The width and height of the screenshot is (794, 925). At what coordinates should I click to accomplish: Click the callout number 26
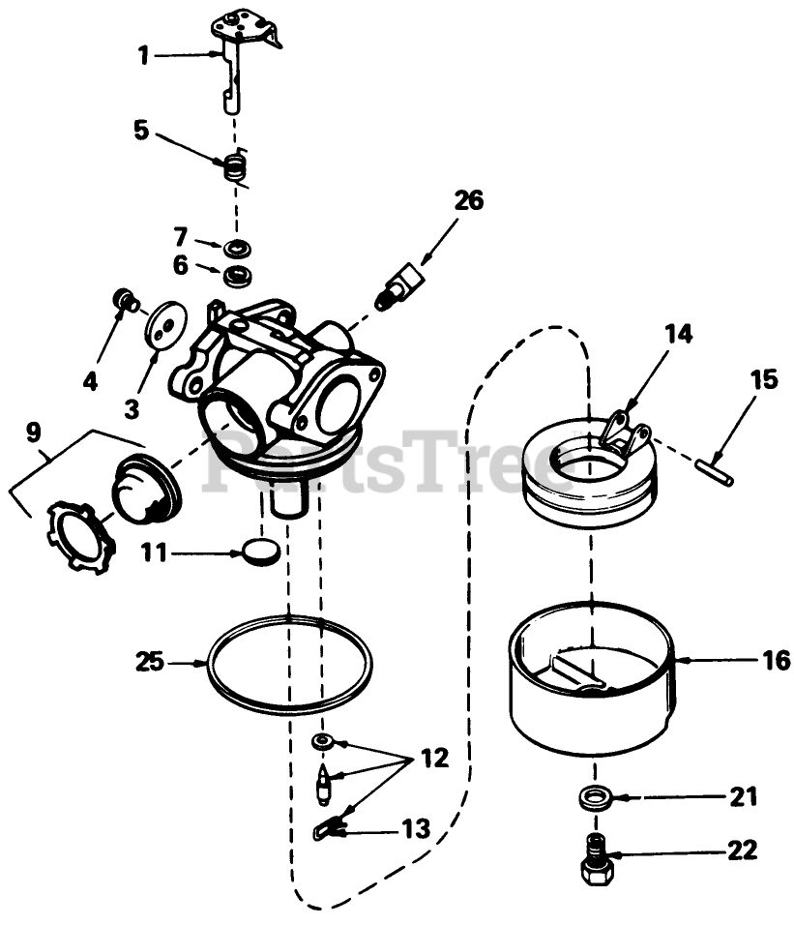[468, 201]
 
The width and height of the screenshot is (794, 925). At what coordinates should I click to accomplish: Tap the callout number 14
[679, 335]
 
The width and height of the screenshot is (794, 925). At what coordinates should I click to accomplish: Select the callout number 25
[150, 664]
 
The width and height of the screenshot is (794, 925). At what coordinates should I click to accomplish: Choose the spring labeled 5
[234, 167]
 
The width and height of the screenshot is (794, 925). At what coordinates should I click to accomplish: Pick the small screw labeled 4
[123, 298]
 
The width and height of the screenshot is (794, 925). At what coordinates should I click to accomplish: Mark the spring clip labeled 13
[331, 828]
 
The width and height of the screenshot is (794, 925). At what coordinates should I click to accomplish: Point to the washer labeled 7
[234, 249]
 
